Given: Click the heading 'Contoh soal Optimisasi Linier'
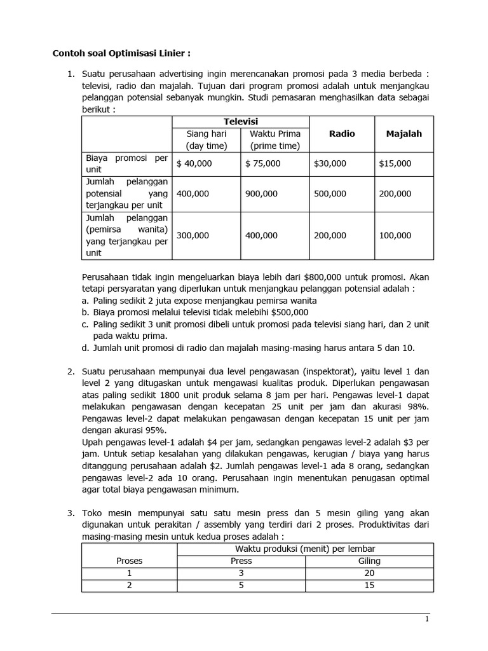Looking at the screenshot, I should (x=112, y=53).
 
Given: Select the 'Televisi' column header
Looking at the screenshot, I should (x=240, y=121).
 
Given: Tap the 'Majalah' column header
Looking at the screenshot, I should (x=403, y=134).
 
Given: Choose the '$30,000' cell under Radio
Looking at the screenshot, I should (x=330, y=163).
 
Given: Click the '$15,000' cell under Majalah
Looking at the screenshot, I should (x=395, y=163).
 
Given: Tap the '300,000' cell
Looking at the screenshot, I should (x=193, y=235).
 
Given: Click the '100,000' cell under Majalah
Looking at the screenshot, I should (x=395, y=235).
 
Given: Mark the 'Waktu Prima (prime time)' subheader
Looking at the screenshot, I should (x=274, y=140).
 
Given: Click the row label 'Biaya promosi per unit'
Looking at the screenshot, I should (x=127, y=163).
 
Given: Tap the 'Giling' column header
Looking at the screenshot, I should (x=369, y=561).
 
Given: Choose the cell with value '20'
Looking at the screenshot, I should (x=369, y=573).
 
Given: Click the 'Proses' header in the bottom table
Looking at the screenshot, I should (x=129, y=561).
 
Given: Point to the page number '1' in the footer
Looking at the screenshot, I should (x=427, y=619).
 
